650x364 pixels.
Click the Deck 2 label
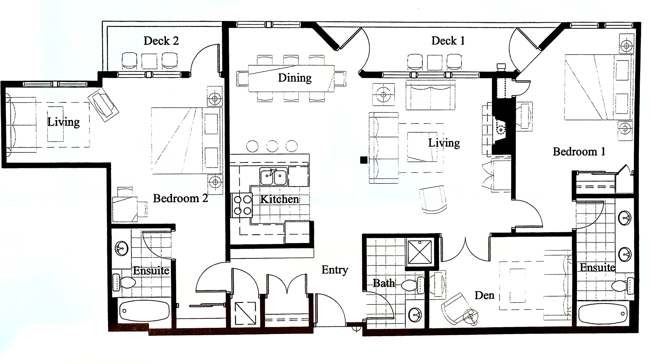pos(161,41)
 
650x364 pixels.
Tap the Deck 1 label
pos(448,41)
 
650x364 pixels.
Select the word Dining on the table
pos(295,78)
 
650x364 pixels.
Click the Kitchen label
pos(279,199)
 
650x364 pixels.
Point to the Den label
pos(484,296)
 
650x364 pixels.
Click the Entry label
pos(335,270)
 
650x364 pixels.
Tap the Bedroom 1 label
pos(579,152)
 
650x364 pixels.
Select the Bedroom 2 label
pos(180,199)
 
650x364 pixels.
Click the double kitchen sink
pos(274,177)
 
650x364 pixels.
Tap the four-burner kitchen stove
pos(242,205)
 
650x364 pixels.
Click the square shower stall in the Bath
pos(420,252)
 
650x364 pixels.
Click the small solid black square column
pos(364,160)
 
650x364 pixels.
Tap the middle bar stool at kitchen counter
pos(272,146)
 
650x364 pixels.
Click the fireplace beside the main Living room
pos(501,130)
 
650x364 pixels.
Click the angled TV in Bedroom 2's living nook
pos(103,105)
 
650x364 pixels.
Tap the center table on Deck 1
pos(434,62)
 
